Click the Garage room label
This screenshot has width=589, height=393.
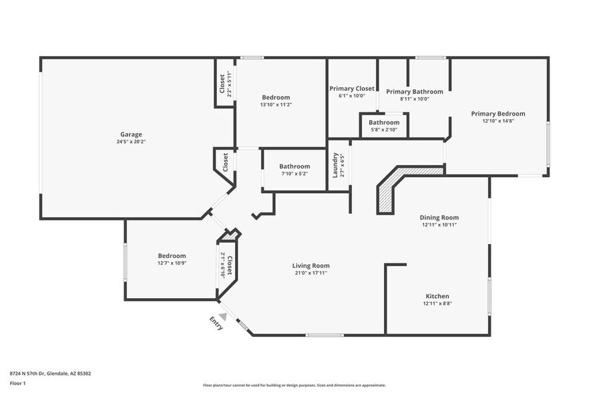[x=131, y=134]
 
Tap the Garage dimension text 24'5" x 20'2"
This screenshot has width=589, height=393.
[x=131, y=142]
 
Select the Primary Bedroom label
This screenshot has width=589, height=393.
[x=498, y=114]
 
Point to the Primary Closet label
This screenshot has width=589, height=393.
[x=352, y=88]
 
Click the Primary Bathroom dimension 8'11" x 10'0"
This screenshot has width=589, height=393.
[x=414, y=99]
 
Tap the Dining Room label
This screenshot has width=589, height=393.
[x=439, y=217]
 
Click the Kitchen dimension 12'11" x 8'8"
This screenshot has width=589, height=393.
[x=437, y=303]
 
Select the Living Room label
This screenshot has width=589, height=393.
[x=311, y=265]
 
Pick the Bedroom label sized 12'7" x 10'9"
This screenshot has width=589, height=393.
[x=172, y=256]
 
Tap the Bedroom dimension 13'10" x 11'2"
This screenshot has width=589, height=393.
[x=276, y=104]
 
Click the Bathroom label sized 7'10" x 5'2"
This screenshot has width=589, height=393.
[x=294, y=166]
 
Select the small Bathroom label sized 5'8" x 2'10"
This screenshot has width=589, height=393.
[x=384, y=122]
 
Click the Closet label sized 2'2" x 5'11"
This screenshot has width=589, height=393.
[x=222, y=84]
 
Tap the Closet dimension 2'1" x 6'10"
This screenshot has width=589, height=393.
[x=222, y=265]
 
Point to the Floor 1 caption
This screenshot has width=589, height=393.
[x=17, y=383]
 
